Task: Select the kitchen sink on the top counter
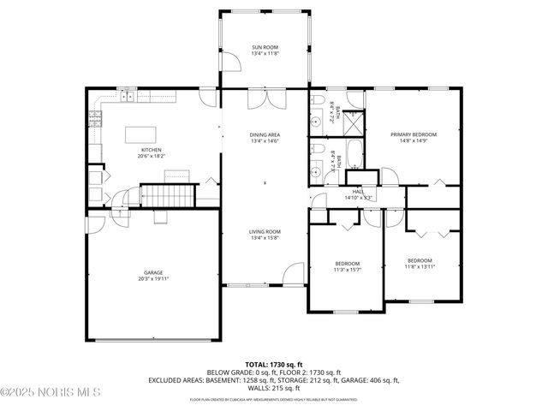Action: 128,97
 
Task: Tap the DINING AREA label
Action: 265,135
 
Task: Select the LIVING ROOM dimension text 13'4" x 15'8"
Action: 265,238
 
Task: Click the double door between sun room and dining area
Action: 265,99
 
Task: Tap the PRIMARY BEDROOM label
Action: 414,134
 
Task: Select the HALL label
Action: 358,192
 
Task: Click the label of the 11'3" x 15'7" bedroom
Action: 347,263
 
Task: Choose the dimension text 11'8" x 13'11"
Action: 420,267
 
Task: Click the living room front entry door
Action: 294,276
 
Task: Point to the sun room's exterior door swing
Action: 229,60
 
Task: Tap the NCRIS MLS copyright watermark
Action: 51,392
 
